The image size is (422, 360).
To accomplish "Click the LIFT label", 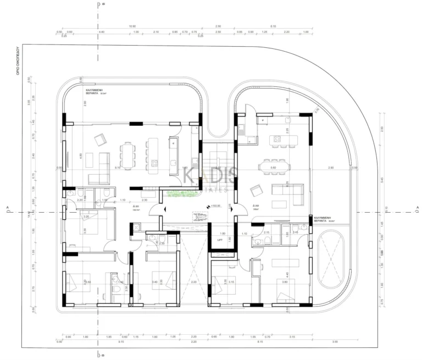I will [x=220, y=240].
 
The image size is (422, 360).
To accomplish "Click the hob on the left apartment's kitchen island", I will [x=156, y=163].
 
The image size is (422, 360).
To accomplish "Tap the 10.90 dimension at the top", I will [x=132, y=26].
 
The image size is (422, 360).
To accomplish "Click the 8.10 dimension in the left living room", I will [x=117, y=167].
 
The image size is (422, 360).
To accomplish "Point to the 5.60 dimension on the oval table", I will [x=273, y=167].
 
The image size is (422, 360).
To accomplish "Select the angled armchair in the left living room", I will [x=100, y=140].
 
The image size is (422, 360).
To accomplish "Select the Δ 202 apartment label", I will [x=256, y=207].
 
